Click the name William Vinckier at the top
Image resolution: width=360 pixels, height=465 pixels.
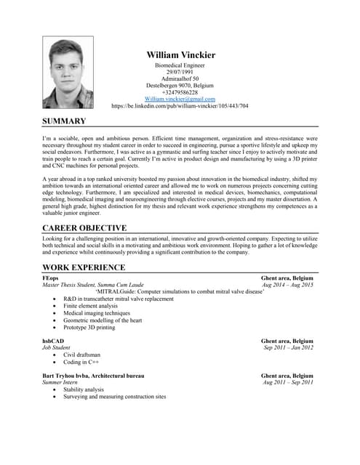point(180,54)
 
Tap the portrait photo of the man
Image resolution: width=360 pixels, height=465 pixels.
point(68,73)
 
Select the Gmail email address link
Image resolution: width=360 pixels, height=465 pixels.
point(180,99)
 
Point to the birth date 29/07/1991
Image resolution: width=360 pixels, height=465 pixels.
point(180,72)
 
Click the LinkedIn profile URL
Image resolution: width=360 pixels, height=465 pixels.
point(180,105)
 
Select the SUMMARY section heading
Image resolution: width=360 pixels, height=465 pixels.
point(64,121)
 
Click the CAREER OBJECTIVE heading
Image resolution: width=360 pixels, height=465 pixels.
point(84,227)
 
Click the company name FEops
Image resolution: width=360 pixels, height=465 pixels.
point(51,278)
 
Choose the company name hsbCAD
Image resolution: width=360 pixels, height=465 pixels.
point(53,340)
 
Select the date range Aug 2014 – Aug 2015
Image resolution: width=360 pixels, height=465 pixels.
point(288,285)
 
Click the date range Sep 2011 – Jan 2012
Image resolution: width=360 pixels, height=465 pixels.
point(288,347)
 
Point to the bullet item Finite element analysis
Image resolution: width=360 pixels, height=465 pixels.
point(90,306)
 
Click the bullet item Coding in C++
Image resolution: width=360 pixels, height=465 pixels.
point(81,361)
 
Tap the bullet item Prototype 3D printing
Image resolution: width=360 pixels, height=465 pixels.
point(89,327)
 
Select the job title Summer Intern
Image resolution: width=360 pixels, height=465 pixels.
point(61,382)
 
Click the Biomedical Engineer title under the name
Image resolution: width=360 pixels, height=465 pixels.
point(180,65)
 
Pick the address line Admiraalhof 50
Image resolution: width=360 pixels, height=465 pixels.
point(180,78)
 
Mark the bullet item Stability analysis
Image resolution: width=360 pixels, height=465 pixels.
point(83,389)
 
